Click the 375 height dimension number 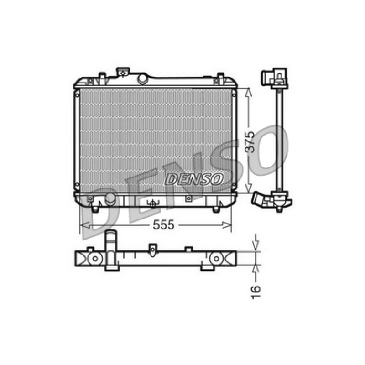tap(250, 142)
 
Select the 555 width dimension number tap(164, 225)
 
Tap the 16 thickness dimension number tap(255, 292)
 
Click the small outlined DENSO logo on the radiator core tap(194, 179)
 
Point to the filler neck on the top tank tap(123, 72)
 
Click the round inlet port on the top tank tap(142, 79)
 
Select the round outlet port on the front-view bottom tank tap(110, 199)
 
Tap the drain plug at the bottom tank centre tap(153, 204)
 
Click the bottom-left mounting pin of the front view tap(95, 209)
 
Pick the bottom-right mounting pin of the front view tap(216, 209)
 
